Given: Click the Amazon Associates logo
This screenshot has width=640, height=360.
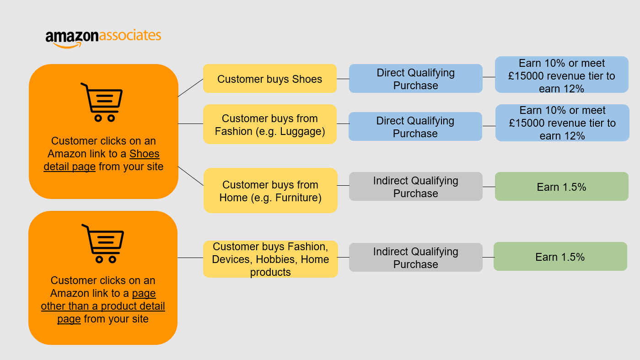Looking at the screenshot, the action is [x=103, y=38].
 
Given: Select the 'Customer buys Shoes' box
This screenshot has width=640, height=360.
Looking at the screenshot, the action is [x=270, y=79].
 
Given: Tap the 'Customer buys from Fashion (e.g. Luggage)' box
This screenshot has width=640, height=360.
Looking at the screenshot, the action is [x=270, y=124].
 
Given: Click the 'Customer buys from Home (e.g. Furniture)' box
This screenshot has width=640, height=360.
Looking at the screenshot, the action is [x=270, y=191].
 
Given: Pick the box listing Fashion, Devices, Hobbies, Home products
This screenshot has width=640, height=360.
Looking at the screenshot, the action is [x=270, y=259].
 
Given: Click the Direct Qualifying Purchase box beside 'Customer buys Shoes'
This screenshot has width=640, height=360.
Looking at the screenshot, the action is [x=416, y=79].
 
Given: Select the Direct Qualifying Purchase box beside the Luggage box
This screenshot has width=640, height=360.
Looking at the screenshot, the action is [x=415, y=127].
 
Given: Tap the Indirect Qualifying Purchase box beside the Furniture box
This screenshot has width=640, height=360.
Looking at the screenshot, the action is [x=416, y=187].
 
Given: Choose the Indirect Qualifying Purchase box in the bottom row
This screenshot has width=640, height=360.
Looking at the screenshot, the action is [x=416, y=258].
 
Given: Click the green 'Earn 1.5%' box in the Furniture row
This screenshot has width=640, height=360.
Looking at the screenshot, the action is [x=561, y=187].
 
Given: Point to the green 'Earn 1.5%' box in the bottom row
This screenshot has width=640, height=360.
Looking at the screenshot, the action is [x=560, y=257].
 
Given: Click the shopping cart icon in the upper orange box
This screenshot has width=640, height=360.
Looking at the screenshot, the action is [x=102, y=102].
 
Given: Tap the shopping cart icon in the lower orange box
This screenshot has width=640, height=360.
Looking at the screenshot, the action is [x=103, y=243].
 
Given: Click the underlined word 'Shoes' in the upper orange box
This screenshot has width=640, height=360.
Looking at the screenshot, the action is [x=144, y=154].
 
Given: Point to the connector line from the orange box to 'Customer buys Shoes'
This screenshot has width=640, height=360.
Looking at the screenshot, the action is [x=191, y=88].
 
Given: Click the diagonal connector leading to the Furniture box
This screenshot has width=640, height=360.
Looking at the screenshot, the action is [x=191, y=176].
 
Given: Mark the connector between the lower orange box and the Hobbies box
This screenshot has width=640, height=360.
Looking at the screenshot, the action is [x=190, y=258].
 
